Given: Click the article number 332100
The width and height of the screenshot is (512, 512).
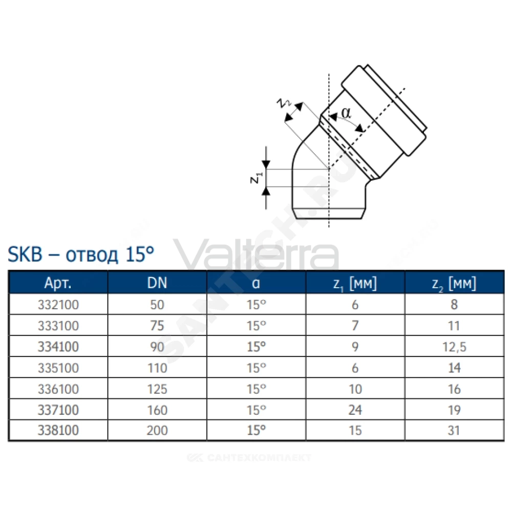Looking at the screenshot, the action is coord(58,305).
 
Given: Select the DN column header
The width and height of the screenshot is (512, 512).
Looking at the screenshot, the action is coord(157,283).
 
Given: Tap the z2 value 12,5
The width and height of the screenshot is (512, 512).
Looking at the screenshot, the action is coord(454,347).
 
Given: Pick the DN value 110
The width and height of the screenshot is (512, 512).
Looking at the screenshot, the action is coord(157,368).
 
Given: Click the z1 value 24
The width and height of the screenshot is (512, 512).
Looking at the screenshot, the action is coord(355,410).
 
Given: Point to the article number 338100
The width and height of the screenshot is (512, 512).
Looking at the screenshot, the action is coord(58,431).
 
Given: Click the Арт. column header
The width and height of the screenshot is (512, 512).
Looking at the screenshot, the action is coord(58,283).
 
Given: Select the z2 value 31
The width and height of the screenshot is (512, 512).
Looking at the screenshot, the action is coord(454,431).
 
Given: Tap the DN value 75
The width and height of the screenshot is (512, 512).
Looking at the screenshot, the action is coord(157,326).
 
